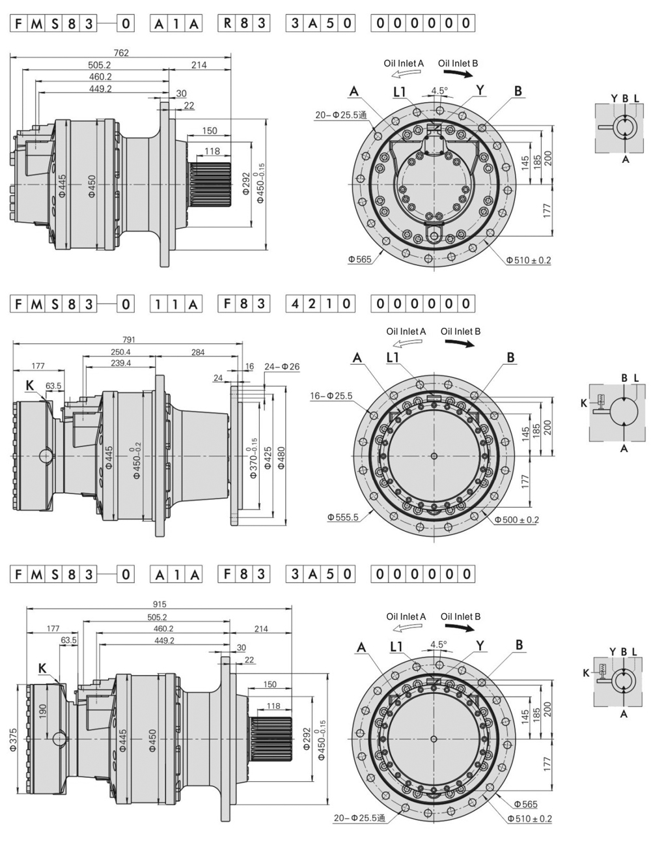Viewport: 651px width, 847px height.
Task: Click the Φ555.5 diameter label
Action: click(x=343, y=517)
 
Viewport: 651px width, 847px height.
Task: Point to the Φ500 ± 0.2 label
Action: click(x=516, y=519)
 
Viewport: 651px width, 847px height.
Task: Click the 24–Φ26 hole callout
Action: click(x=282, y=367)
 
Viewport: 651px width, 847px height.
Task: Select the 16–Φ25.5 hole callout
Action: click(x=331, y=395)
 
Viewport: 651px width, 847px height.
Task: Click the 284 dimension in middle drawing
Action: click(x=198, y=352)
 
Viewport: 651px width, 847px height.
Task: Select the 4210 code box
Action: click(x=320, y=303)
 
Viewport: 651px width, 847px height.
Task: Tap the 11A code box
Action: click(x=176, y=303)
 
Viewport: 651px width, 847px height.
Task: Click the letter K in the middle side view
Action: click(x=29, y=385)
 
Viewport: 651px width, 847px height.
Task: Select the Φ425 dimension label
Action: click(x=268, y=456)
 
